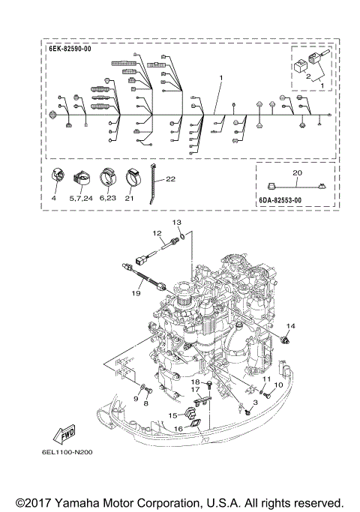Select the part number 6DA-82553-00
tap(279, 200)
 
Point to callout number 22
tap(171, 179)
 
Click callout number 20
tap(297, 172)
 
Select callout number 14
tap(292, 326)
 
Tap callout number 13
tap(178, 223)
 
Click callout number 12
tap(159, 233)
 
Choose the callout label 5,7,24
tap(79, 199)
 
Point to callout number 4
tap(54, 199)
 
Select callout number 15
tap(172, 415)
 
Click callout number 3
tap(255, 403)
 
